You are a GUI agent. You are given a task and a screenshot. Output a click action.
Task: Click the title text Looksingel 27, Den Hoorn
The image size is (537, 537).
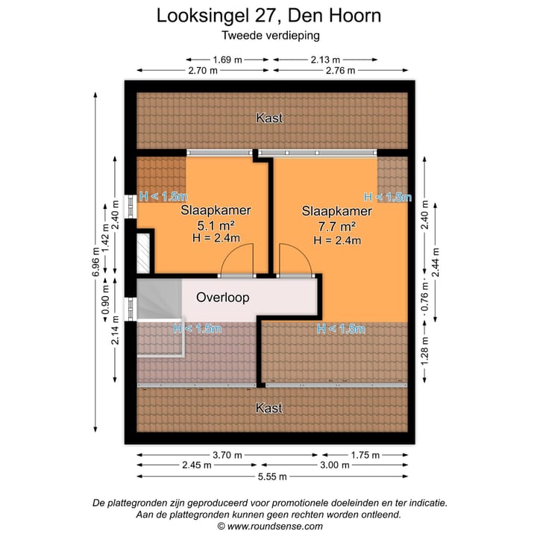(268, 16)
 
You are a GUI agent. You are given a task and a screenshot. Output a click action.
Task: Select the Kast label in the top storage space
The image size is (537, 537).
(269, 118)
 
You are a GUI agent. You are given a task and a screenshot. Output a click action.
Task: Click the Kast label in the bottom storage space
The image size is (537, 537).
(269, 408)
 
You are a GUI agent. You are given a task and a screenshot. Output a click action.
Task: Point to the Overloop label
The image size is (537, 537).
(222, 297)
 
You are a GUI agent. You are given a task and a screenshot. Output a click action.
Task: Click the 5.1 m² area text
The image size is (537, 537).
(216, 224)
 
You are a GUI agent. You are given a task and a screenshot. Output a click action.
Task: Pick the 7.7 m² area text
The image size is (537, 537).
(337, 226)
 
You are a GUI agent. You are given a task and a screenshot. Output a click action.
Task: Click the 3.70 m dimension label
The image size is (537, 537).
(227, 454)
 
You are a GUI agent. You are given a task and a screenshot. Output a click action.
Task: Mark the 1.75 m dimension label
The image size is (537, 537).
(365, 454)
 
